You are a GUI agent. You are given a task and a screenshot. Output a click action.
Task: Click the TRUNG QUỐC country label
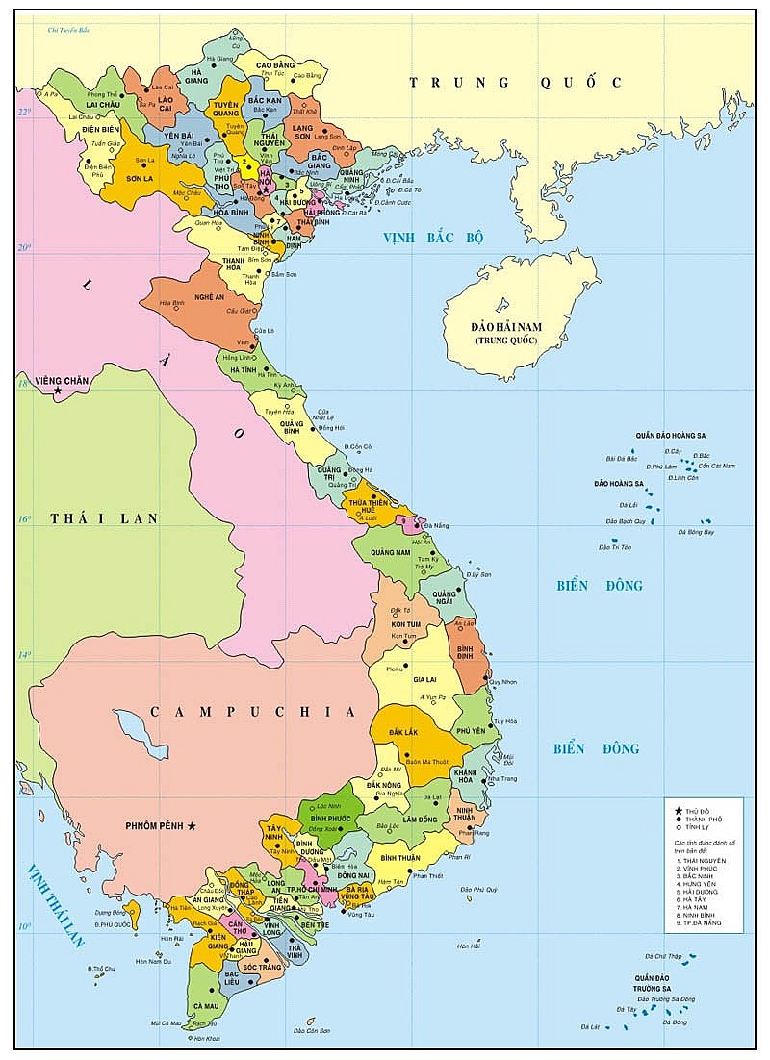tap(516, 83)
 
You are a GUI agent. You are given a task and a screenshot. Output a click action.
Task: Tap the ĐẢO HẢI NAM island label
tap(506, 333)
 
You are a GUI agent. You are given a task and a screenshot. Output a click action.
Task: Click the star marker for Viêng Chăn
tap(58, 391)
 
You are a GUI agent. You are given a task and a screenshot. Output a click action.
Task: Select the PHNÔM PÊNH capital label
tap(155, 825)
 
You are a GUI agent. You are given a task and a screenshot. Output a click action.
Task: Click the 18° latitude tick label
tap(25, 384)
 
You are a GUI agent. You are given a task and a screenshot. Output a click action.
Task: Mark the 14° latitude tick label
tap(25, 656)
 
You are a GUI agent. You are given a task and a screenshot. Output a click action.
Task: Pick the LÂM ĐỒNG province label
tap(421, 819)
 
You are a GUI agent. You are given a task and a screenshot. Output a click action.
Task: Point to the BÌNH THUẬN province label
tap(400, 857)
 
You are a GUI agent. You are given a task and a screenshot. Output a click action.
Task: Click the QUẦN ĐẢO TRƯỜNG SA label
tap(652, 983)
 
